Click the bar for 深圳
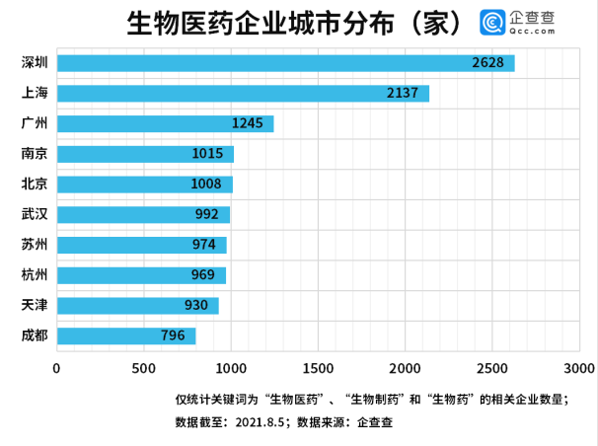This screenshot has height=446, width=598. click(285, 63)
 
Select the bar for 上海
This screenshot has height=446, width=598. click(243, 94)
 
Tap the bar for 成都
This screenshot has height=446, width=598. click(126, 335)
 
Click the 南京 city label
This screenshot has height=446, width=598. click(35, 154)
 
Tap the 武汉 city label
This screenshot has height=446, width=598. click(35, 214)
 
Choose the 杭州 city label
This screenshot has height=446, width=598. click(35, 275)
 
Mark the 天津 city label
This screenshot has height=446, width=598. click(35, 306)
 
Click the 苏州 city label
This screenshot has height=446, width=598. click(35, 245)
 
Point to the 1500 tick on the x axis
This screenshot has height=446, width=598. click(318, 368)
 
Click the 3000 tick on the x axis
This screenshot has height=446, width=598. click(579, 368)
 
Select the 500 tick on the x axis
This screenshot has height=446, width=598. click(144, 368)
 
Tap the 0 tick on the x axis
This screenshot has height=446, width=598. click(57, 368)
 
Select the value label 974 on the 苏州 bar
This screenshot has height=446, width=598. click(207, 245)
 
